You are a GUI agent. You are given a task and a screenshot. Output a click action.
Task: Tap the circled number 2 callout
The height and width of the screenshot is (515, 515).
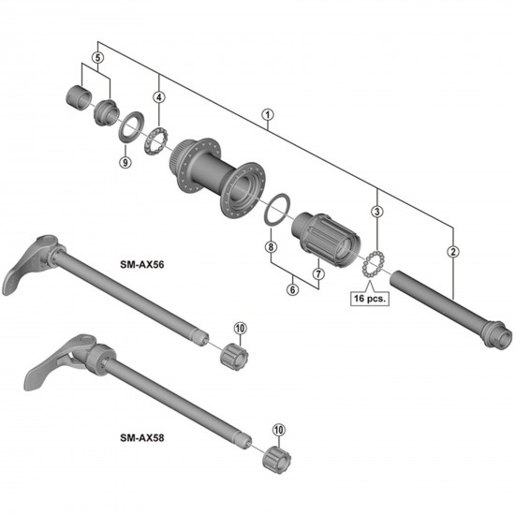[x=453, y=250]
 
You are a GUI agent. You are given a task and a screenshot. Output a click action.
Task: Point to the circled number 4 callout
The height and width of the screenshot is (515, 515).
[x=159, y=96]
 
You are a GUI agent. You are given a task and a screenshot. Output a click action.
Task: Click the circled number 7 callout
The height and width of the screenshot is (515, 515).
[x=317, y=273]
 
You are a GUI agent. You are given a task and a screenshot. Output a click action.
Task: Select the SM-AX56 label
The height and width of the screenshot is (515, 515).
[x=145, y=265]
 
